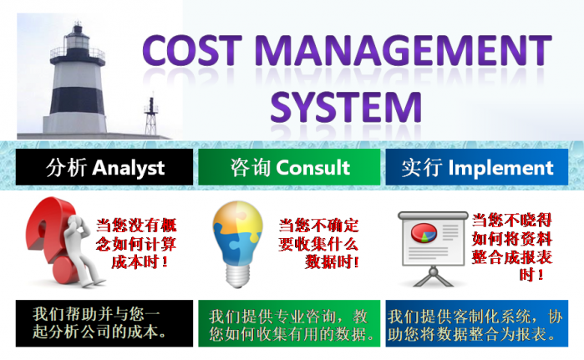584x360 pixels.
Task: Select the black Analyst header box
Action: (104, 167)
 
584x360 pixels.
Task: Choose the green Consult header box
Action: (288, 167)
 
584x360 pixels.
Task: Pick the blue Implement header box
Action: (476, 167)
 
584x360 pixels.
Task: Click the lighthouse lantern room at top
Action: (78, 38)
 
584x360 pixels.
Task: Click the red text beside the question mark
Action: (137, 243)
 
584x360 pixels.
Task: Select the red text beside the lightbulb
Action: (318, 243)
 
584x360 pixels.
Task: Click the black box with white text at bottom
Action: (104, 322)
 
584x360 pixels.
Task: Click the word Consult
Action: (312, 167)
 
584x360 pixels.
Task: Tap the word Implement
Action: (500, 167)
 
